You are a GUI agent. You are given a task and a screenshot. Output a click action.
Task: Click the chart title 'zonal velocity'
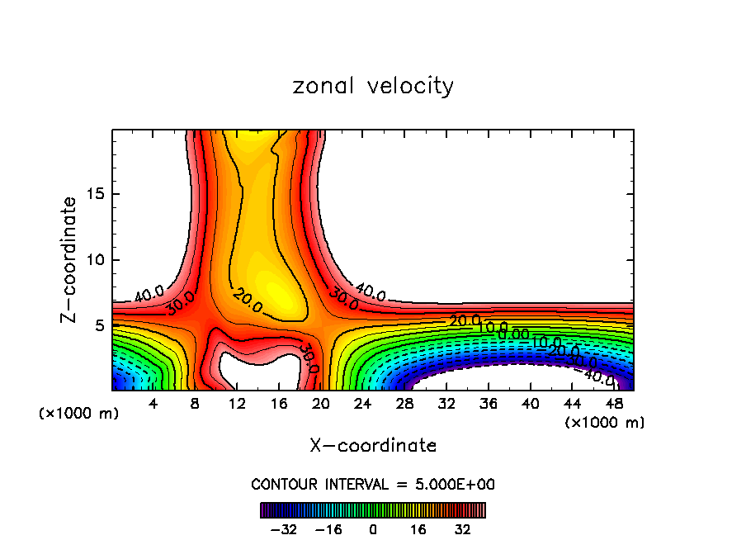[373, 86]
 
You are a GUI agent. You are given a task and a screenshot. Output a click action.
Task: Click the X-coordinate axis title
[373, 446]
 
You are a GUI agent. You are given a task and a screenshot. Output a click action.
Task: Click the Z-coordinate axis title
[69, 259]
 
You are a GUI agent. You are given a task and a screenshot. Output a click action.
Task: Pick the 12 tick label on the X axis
[237, 405]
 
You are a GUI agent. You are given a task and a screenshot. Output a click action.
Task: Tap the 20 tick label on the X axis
[321, 405]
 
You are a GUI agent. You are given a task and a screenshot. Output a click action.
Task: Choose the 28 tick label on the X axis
[404, 405]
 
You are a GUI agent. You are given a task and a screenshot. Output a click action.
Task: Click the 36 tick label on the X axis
[488, 405]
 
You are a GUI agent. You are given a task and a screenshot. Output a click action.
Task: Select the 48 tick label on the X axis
[613, 405]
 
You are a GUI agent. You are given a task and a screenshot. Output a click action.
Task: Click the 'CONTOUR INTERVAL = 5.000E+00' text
[373, 485]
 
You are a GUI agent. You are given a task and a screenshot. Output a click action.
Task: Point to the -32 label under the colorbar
[284, 528]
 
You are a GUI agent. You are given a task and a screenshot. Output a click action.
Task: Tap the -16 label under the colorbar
[328, 528]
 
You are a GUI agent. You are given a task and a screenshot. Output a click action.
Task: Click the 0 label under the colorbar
[373, 528]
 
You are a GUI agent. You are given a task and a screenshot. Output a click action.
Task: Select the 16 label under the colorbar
[418, 528]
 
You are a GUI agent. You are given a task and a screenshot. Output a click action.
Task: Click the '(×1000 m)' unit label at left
[79, 414]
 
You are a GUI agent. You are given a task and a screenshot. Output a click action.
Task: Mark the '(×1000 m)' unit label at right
[605, 423]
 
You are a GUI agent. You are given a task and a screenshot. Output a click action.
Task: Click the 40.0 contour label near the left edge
[149, 294]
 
